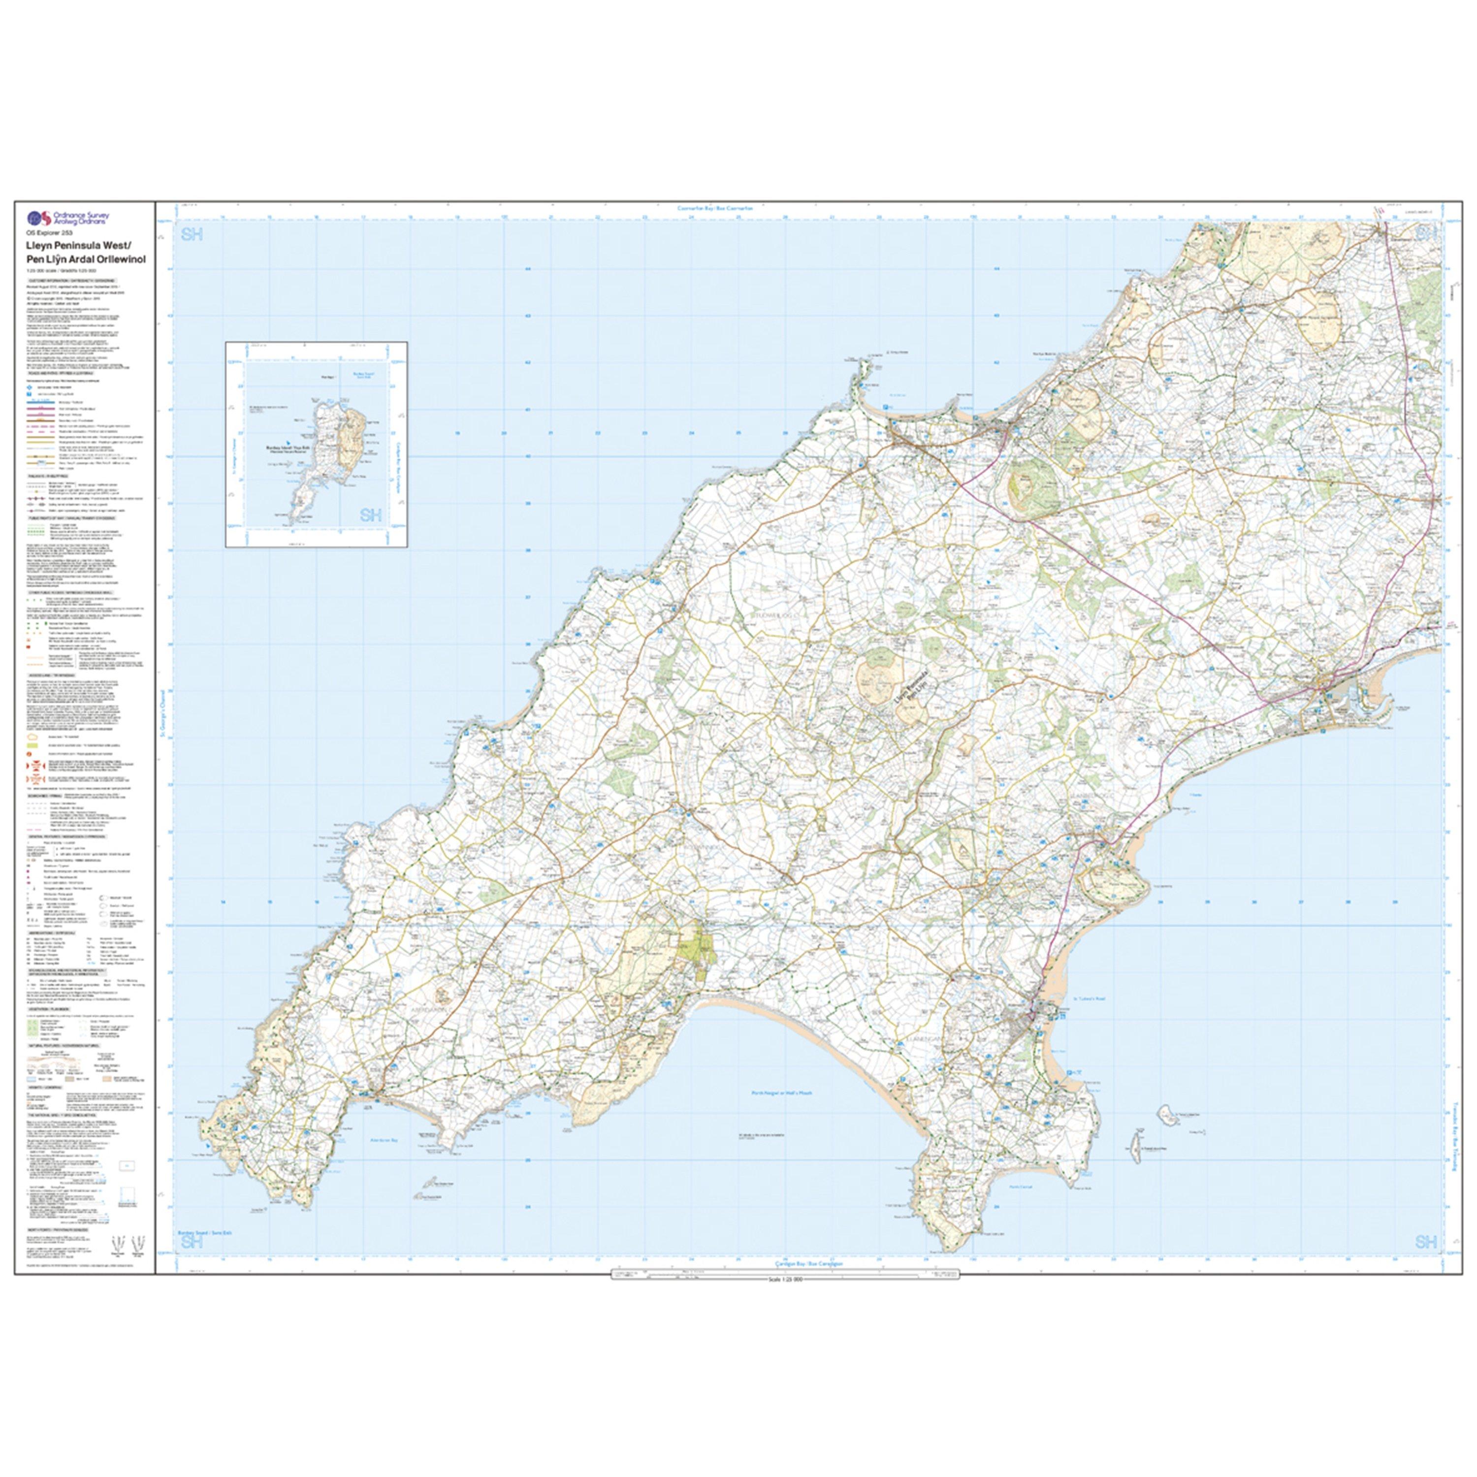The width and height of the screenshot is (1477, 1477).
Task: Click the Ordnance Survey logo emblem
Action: pos(38,219)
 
